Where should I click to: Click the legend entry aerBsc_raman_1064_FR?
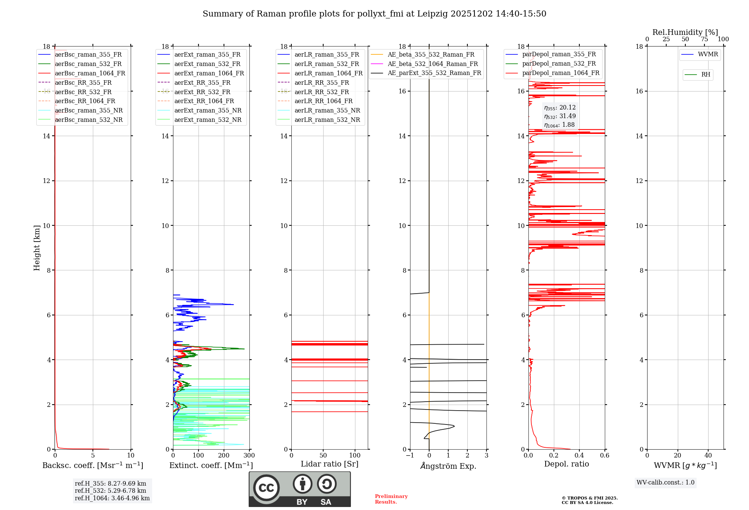click(90, 73)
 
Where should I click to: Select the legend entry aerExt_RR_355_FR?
click(202, 82)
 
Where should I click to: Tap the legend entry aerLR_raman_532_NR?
click(327, 120)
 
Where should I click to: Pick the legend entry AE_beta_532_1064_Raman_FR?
click(433, 64)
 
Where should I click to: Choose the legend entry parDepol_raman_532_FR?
click(559, 63)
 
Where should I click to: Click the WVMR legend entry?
click(707, 54)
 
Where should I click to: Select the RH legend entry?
click(706, 75)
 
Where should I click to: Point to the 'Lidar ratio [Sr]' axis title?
click(330, 464)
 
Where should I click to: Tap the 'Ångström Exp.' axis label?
click(448, 466)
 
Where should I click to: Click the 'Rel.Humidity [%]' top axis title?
click(685, 32)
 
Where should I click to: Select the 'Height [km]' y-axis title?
click(37, 247)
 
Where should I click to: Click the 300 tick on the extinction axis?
click(249, 456)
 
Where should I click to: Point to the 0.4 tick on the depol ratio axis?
click(579, 456)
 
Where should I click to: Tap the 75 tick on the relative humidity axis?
click(704, 39)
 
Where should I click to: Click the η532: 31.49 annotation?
click(560, 116)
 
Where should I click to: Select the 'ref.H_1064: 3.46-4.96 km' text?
click(112, 498)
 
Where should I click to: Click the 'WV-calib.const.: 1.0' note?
click(665, 483)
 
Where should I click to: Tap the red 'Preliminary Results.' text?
click(391, 499)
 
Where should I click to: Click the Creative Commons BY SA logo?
click(300, 489)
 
